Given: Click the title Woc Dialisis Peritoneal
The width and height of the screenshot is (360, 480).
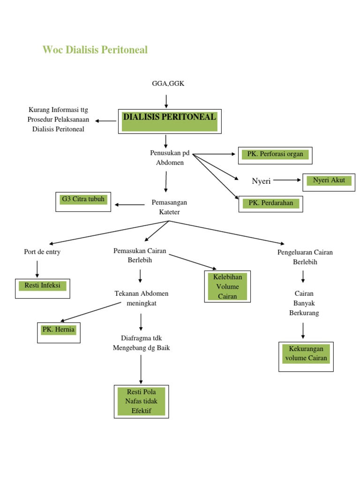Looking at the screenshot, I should click(x=95, y=50).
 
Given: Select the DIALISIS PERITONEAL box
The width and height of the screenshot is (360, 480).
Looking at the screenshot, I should click(x=169, y=121).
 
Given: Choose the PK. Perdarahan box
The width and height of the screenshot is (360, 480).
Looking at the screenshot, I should click(x=270, y=203).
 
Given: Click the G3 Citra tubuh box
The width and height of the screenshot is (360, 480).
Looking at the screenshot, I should click(x=83, y=201).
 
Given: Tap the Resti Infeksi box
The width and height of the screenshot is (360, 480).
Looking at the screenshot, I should click(x=42, y=287).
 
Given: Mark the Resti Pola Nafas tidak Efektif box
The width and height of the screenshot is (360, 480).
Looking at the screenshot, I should click(x=141, y=401).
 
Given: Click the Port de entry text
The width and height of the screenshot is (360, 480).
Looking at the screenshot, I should click(x=42, y=252).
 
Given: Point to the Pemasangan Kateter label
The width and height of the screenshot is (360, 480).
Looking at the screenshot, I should click(x=169, y=207).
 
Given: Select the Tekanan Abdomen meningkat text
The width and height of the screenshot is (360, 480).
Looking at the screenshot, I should click(x=141, y=298).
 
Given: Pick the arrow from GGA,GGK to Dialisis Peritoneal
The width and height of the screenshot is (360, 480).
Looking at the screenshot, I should click(x=166, y=101).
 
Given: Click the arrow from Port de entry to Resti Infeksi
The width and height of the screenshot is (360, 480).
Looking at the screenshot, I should click(x=37, y=269).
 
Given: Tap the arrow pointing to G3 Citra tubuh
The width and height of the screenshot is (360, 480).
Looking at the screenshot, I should click(x=130, y=204).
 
